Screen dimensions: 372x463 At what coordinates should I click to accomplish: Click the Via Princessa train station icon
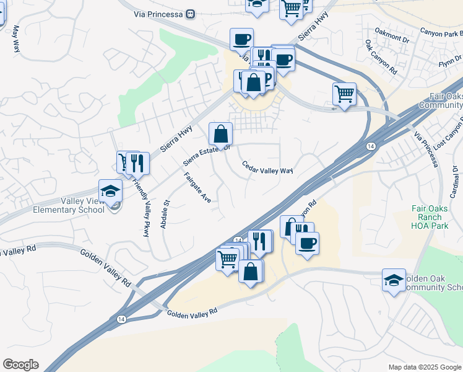coord(191,13)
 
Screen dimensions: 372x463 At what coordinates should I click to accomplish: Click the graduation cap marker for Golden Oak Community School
coord(394,280)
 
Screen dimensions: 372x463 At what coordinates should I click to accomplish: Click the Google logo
coord(20,365)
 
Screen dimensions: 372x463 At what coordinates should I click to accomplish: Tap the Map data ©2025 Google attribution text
coord(425,367)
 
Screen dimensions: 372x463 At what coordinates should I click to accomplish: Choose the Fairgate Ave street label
coord(197,188)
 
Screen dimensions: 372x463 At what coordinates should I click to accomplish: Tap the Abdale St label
coord(165,214)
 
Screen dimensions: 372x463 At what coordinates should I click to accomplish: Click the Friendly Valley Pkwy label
coord(141,205)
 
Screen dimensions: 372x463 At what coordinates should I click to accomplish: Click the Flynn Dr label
coord(446,64)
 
